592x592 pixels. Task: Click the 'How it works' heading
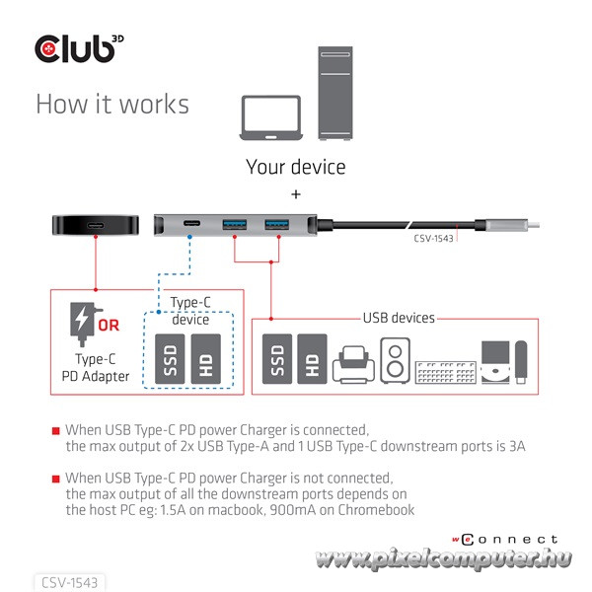pyautogui.click(x=111, y=104)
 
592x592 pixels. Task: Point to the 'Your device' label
pyautogui.click(x=296, y=167)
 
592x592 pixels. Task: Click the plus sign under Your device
pyautogui.click(x=296, y=194)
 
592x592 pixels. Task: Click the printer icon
pyautogui.click(x=352, y=364)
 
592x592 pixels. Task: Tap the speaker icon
pyautogui.click(x=394, y=362)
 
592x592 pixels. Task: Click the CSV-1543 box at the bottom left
pyautogui.click(x=68, y=582)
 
